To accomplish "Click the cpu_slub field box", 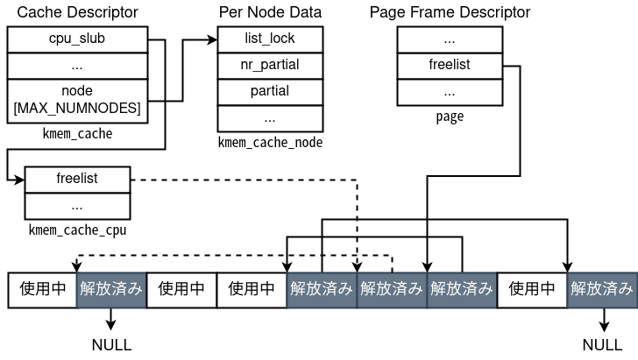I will [77, 39].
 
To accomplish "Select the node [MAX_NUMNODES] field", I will [77, 99].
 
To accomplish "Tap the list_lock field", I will [269, 39].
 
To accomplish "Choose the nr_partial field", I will [269, 65].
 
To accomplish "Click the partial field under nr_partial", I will [269, 91].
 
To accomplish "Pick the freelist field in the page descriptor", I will [450, 65].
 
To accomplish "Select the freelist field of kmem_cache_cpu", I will [77, 179].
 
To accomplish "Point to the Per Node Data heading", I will [269, 12].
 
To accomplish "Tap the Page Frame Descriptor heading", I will [450, 12].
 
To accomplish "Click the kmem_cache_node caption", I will [269, 142].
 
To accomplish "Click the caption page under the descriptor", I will [450, 116].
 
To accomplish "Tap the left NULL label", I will [111, 344].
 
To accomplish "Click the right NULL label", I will [602, 344].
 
